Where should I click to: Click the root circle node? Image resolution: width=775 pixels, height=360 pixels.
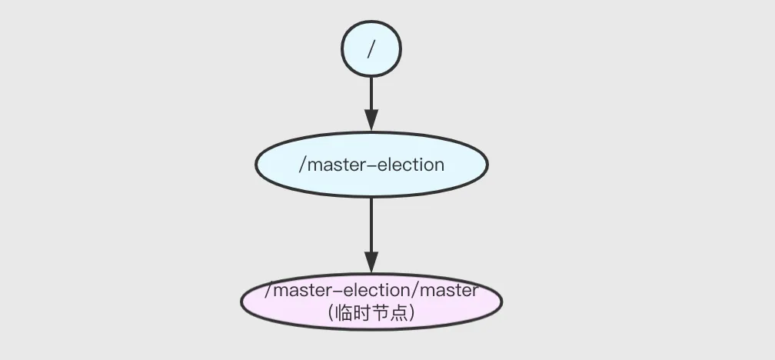371,48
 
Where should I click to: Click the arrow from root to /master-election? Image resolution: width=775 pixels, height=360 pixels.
371,96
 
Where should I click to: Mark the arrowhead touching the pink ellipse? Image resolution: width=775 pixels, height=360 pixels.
371,262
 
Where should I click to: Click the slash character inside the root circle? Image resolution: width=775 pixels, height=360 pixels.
371,48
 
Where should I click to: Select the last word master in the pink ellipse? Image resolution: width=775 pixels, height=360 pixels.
451,291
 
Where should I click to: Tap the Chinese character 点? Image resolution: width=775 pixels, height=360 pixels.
398,314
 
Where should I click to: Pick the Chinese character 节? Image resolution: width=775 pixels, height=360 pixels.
380,314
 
